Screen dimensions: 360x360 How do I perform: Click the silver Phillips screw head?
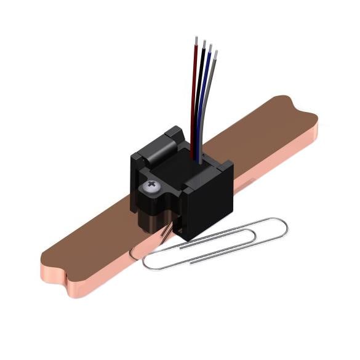150,185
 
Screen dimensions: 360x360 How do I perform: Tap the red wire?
194,92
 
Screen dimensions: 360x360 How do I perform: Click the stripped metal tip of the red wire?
196,41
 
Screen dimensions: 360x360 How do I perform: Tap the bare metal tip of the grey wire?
215,55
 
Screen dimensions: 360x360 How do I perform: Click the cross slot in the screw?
150,185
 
